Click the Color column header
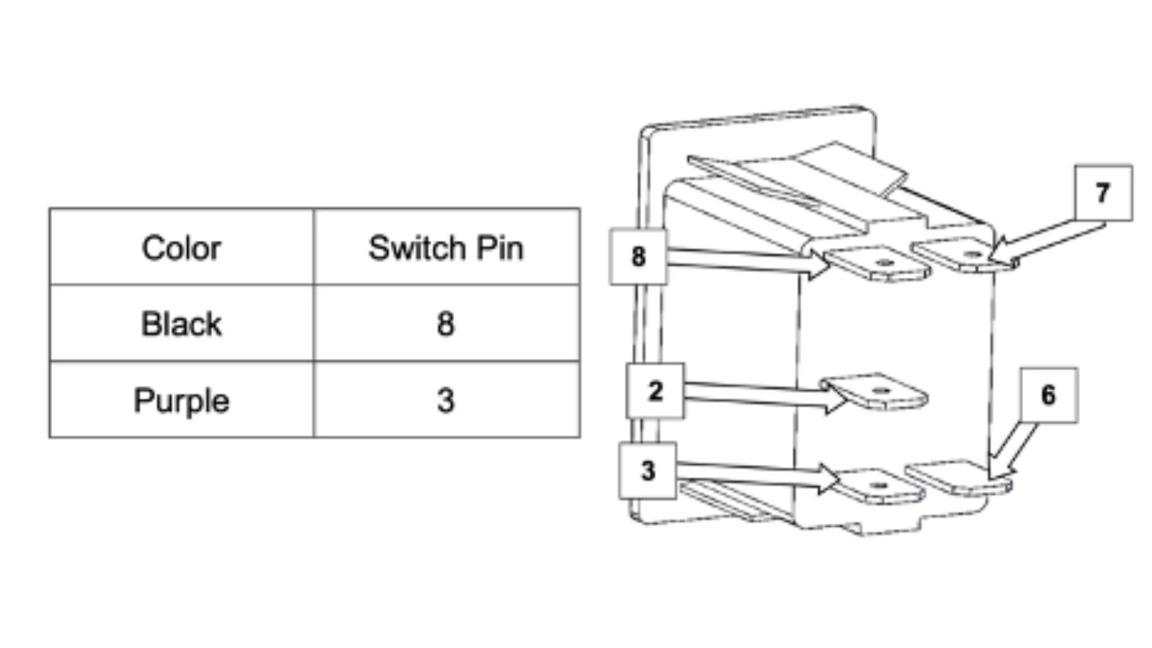181,248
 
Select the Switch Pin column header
445,248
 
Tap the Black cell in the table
181,324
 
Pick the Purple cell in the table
181,400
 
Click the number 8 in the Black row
445,324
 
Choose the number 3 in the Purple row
445,400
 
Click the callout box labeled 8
638,257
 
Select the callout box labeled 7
1103,193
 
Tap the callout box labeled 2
655,391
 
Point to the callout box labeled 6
1048,395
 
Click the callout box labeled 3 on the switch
648,471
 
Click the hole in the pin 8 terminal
884,263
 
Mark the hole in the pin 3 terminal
879,486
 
